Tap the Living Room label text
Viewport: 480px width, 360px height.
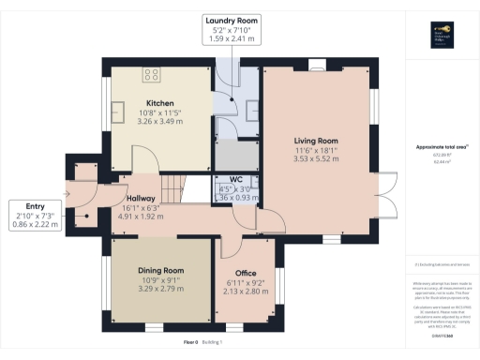pyautogui.click(x=315, y=140)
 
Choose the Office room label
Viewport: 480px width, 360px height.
pyautogui.click(x=246, y=273)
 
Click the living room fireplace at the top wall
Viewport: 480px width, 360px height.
pyautogui.click(x=315, y=67)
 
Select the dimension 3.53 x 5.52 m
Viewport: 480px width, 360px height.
pyautogui.click(x=315, y=160)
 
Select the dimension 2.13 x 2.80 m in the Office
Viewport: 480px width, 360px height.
pyautogui.click(x=246, y=292)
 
